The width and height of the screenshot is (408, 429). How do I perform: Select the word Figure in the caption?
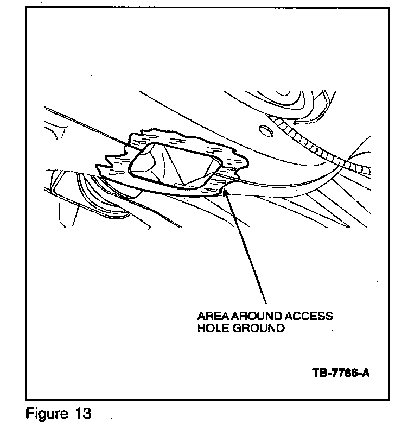point(46,414)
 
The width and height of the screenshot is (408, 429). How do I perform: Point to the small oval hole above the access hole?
point(266,131)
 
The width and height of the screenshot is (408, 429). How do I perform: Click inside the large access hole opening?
point(174,166)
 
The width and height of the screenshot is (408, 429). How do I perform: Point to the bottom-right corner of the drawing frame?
point(390,400)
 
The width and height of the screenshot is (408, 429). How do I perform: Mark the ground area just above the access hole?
point(179,139)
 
